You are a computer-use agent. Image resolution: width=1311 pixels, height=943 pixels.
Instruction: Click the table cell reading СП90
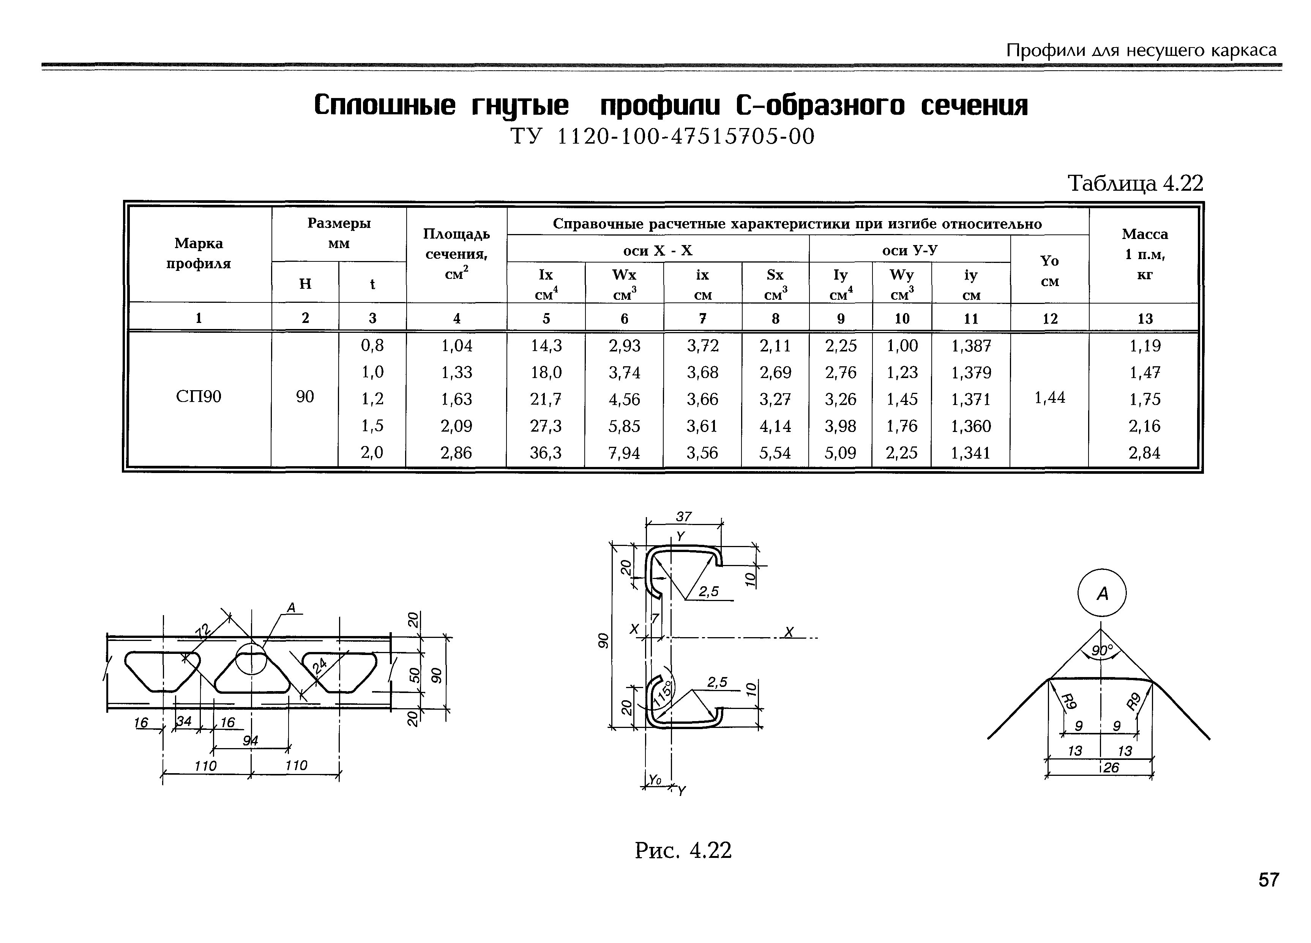(198, 397)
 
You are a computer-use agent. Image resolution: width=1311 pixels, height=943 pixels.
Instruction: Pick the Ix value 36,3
(546, 453)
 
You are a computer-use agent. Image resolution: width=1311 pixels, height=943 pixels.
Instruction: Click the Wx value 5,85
(624, 426)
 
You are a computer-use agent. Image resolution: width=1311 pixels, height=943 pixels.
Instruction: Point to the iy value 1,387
(971, 346)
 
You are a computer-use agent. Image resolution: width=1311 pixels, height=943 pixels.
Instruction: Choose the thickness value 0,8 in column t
(372, 346)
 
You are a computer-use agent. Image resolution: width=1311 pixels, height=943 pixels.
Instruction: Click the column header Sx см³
(775, 283)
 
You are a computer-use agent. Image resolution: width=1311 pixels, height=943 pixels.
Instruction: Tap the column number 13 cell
(1145, 318)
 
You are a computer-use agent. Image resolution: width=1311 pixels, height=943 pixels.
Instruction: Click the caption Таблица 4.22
(1135, 184)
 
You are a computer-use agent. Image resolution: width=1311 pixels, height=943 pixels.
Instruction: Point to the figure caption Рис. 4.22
(683, 850)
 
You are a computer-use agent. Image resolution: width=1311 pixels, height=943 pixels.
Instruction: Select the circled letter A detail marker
(1102, 593)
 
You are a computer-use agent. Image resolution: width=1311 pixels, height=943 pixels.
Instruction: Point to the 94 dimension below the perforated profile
(250, 740)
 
